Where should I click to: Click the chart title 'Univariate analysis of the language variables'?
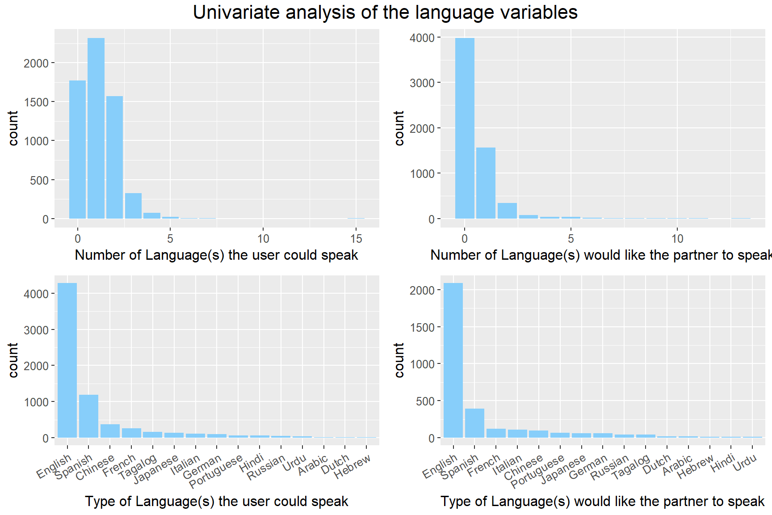385,13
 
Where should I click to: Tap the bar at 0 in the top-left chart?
77,149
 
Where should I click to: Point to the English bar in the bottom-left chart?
67,360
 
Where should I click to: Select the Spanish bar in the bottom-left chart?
88,416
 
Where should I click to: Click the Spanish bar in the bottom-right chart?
474,423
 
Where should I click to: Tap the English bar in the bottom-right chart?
453,360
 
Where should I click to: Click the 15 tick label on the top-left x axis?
356,239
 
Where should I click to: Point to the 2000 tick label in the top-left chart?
36,63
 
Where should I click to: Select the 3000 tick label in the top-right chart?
422,83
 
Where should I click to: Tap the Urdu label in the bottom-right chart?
745,463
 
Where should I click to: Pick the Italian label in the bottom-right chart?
507,464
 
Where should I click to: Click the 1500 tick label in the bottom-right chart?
422,328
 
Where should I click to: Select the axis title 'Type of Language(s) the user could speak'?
217,501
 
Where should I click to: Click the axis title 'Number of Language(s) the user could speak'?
217,255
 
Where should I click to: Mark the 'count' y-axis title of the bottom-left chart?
13,360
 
